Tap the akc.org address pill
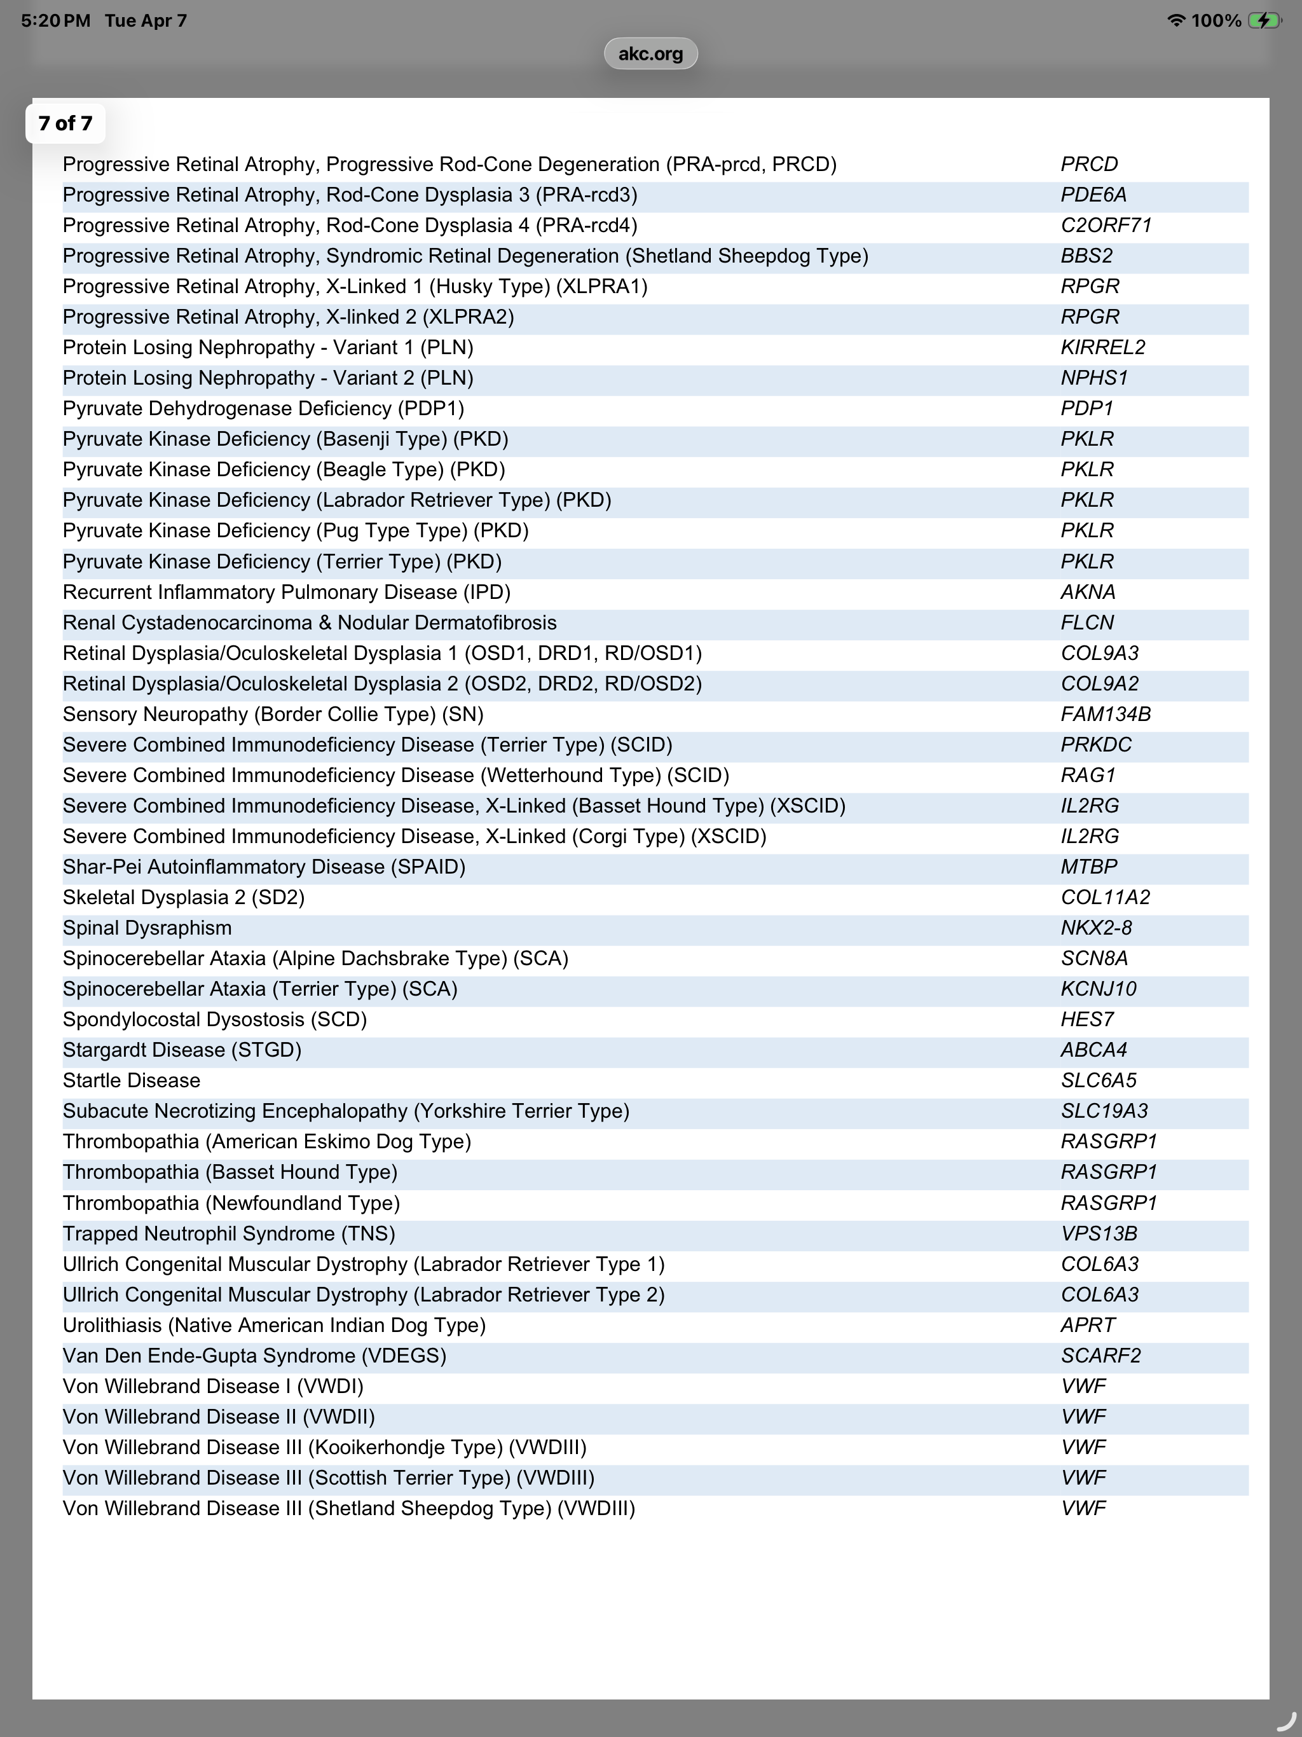pyautogui.click(x=650, y=53)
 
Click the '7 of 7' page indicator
pyautogui.click(x=65, y=123)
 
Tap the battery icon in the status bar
pyautogui.click(x=1264, y=20)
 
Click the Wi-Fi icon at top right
pyautogui.click(x=1175, y=20)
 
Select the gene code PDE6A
pyautogui.click(x=1093, y=195)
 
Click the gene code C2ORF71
pyautogui.click(x=1106, y=225)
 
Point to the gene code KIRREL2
pyautogui.click(x=1102, y=347)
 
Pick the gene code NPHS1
pyautogui.click(x=1094, y=378)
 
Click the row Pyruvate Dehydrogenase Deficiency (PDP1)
pyautogui.click(x=263, y=408)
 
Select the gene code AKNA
pyautogui.click(x=1088, y=592)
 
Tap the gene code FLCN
pyautogui.click(x=1087, y=622)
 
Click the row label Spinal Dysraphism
pyautogui.click(x=147, y=928)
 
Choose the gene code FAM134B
pyautogui.click(x=1106, y=714)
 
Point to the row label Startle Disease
pyautogui.click(x=131, y=1080)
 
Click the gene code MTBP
pyautogui.click(x=1088, y=867)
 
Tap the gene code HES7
pyautogui.click(x=1087, y=1019)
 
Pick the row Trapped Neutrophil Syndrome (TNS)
pyautogui.click(x=228, y=1233)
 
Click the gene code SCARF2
pyautogui.click(x=1100, y=1356)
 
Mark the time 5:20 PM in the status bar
pyautogui.click(x=55, y=20)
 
